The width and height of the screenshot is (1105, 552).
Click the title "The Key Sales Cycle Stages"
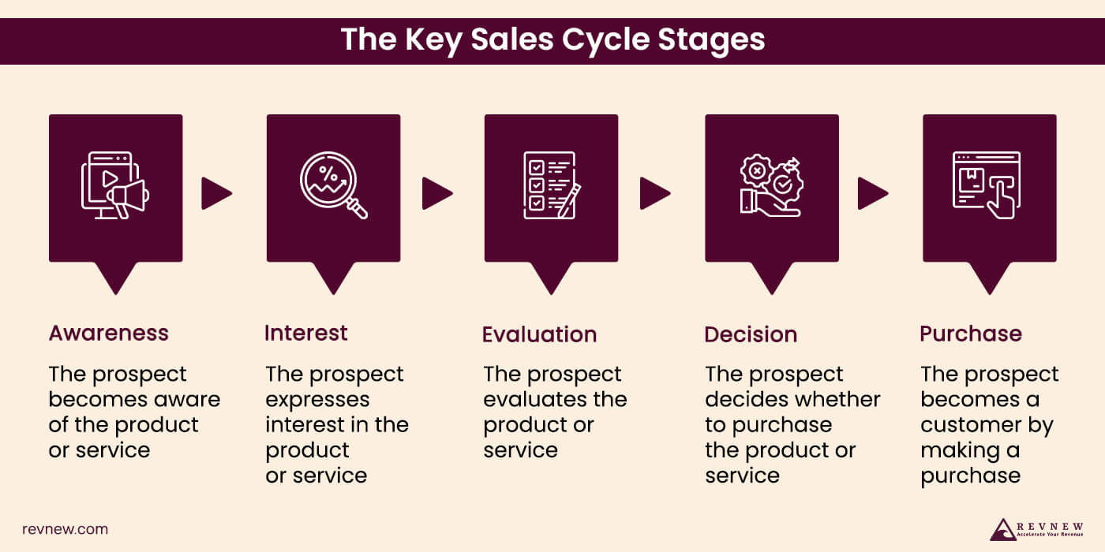pos(552,39)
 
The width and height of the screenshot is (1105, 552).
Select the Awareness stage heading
pos(109,333)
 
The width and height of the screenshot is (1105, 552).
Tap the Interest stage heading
pos(306,333)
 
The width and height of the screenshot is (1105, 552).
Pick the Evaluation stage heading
pos(539,334)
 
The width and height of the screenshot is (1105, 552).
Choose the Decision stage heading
pos(751,334)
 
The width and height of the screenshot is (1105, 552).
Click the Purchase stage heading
pos(971,334)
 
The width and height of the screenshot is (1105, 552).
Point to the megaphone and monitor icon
pos(115,186)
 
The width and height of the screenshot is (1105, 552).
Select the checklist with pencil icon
pos(552,186)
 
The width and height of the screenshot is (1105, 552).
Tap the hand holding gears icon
pos(770,185)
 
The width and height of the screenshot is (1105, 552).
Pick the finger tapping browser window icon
pos(987,185)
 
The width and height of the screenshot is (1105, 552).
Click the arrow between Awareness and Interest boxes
pos(216,193)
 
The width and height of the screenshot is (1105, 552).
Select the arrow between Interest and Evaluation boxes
pos(436,193)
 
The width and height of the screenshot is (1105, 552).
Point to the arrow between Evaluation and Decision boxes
pos(654,193)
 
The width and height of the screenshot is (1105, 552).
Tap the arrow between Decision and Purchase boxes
pos(872,193)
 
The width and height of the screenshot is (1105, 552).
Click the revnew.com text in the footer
pos(65,529)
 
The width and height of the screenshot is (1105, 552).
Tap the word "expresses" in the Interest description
pos(317,400)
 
